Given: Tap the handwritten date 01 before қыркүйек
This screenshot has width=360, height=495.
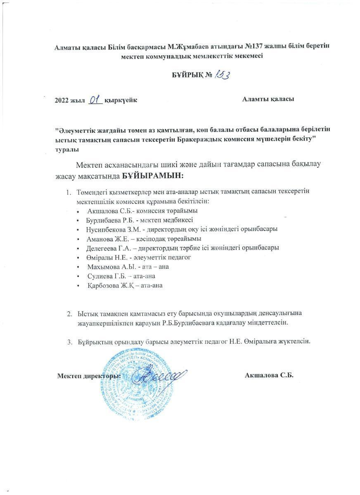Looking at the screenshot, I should (95, 99).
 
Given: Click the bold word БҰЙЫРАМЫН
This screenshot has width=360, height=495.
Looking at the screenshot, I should (152, 176).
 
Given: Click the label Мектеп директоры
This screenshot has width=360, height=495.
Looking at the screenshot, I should (89, 376).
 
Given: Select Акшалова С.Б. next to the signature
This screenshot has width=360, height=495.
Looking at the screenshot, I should (269, 375).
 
